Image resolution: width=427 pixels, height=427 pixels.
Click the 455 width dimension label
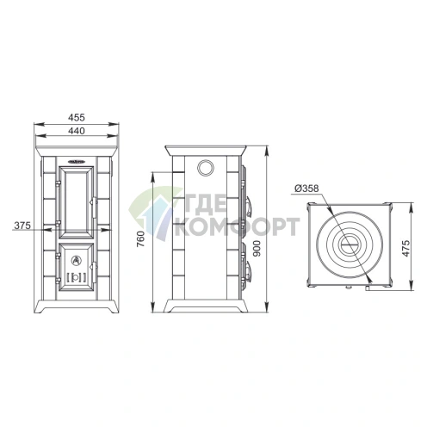point(77,117)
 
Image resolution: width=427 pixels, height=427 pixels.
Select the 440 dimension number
point(77,131)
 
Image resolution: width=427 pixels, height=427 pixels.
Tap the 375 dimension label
point(22,226)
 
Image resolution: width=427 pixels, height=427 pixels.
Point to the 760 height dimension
point(141,239)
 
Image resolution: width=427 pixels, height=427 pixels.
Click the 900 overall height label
point(257,249)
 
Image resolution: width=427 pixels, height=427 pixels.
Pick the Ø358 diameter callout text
point(306,189)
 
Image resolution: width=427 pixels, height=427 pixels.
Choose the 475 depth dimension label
point(405,249)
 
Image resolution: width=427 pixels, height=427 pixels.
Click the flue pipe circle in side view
point(205,167)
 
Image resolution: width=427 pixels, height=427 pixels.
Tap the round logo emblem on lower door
point(77,260)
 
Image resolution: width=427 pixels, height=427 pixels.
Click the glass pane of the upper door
point(77,202)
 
